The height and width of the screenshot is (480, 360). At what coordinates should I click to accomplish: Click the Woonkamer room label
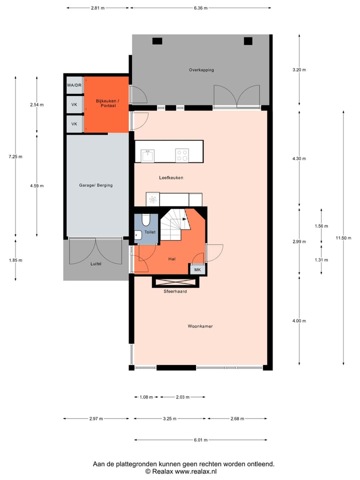coord(200,326)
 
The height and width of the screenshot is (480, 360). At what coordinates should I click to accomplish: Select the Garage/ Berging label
coord(96,185)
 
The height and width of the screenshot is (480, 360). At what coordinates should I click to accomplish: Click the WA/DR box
coord(74,85)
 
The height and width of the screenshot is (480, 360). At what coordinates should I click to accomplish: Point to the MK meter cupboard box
coord(197,270)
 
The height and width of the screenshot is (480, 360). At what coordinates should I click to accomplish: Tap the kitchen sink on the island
coord(147,155)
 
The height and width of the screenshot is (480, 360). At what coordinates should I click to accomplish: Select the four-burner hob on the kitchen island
coord(181,155)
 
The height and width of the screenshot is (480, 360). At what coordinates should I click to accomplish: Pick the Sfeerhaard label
coord(175,291)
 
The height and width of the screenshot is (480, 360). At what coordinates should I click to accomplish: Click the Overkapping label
coord(201,70)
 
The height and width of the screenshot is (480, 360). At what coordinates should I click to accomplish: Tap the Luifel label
coord(95,263)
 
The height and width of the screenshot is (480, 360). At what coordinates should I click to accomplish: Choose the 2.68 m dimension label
coord(238,419)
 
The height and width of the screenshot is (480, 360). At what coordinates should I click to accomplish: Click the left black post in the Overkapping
coord(157,41)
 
